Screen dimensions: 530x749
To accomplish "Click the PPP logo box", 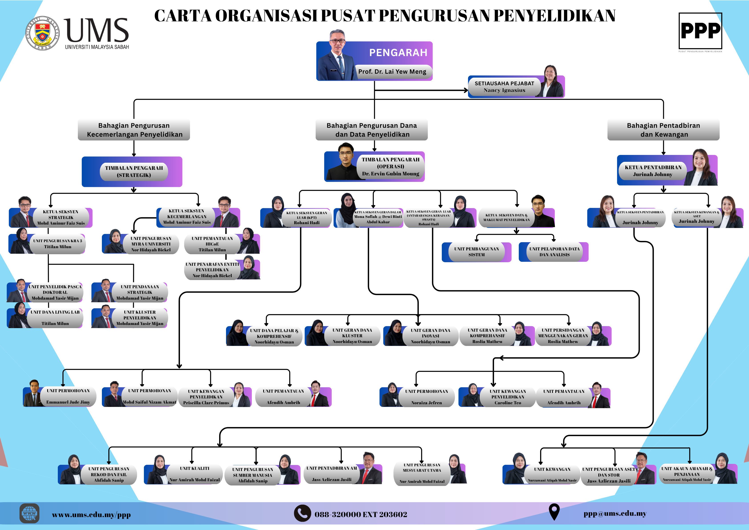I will click(700, 31).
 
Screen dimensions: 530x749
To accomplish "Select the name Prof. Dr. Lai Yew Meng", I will click(392, 71).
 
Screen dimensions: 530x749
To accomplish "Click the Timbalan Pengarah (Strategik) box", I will click(134, 172).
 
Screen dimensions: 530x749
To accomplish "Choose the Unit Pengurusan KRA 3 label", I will click(57, 241).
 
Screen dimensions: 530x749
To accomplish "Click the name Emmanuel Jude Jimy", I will click(68, 402).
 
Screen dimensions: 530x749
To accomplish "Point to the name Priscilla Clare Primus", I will click(206, 403).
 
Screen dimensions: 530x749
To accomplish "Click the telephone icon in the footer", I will click(302, 513).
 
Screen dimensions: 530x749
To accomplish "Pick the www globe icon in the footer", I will click(29, 513).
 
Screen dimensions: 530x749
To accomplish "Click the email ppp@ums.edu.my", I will click(615, 513).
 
